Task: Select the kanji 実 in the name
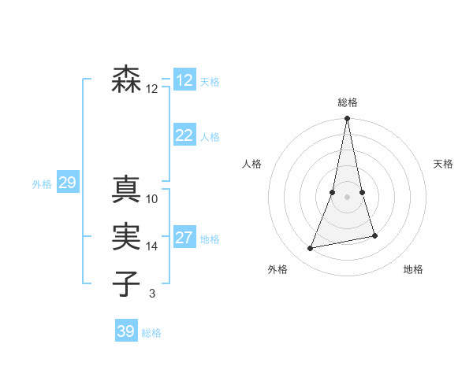127,236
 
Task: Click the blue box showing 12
184,80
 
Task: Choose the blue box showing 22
184,135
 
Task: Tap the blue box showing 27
184,238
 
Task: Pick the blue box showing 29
67,183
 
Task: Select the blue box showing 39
126,331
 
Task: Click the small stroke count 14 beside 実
152,246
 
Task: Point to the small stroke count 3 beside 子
152,294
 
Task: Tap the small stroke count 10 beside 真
152,199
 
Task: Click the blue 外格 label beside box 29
42,184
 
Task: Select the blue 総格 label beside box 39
151,332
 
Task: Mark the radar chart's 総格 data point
347,119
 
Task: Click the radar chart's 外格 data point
311,248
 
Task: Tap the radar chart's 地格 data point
374,235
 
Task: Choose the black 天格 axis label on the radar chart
443,164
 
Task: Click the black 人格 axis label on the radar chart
252,164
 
